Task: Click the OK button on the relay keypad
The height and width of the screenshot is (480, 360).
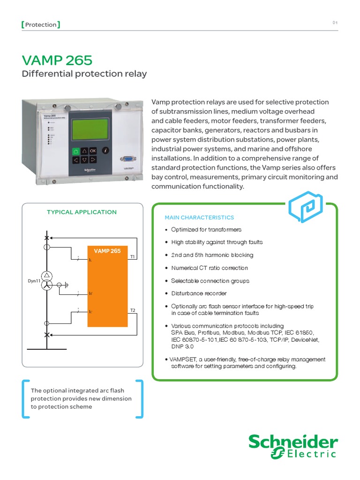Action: (x=93, y=150)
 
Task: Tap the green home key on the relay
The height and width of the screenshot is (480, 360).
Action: (x=75, y=151)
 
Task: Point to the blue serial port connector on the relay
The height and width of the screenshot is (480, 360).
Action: (x=126, y=159)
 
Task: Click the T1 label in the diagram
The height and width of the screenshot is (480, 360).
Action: (x=133, y=257)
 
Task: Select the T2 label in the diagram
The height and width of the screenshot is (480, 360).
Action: (x=133, y=311)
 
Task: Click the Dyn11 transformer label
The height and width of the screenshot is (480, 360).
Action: (x=34, y=281)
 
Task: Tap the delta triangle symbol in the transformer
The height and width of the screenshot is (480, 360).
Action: (x=46, y=276)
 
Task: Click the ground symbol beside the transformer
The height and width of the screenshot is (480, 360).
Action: (x=66, y=285)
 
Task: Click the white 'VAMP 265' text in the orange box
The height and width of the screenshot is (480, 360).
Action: (x=107, y=251)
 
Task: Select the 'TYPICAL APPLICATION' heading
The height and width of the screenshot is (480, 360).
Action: (x=82, y=212)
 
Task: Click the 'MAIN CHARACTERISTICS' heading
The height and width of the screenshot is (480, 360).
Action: (x=199, y=217)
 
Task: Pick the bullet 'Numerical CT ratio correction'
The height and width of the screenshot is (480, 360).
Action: (x=209, y=268)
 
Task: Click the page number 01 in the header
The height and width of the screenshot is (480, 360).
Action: (x=335, y=22)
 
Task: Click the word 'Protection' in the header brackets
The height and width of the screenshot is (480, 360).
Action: (x=41, y=24)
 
